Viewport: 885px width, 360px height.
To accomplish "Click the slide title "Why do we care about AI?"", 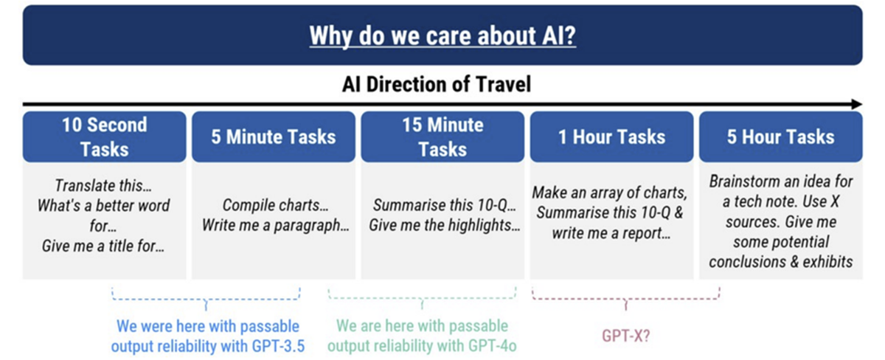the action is click(442, 36).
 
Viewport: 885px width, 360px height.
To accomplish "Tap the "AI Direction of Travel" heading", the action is click(437, 84).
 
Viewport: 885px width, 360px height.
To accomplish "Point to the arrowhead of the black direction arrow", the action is click(856, 104).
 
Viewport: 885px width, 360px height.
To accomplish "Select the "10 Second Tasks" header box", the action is click(104, 136).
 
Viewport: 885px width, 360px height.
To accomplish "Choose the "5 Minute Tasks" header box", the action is click(274, 136).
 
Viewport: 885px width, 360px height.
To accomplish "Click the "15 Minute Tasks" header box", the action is click(442, 136).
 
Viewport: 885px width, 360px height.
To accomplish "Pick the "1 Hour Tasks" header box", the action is click(611, 136).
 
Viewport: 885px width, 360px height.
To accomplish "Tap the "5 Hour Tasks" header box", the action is click(781, 136).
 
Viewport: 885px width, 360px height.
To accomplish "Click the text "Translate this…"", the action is click(103, 185).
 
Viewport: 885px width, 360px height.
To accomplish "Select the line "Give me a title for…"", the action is click(103, 246).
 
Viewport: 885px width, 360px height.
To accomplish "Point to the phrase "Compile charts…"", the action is click(275, 205).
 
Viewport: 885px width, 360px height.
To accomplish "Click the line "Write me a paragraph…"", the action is click(275, 225).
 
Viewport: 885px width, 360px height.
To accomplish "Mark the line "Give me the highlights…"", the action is click(445, 225).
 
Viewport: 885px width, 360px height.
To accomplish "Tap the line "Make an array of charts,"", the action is click(610, 193).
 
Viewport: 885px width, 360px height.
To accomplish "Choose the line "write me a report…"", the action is click(611, 233).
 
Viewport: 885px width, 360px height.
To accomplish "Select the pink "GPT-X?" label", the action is click(626, 336).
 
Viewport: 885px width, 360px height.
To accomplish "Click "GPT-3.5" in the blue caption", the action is click(279, 346).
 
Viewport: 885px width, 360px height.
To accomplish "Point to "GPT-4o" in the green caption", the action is click(493, 346).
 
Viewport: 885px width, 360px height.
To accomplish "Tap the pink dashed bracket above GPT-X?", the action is click(626, 299).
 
